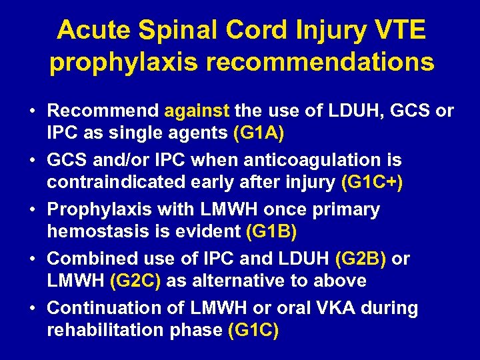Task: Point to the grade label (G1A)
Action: (x=259, y=133)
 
